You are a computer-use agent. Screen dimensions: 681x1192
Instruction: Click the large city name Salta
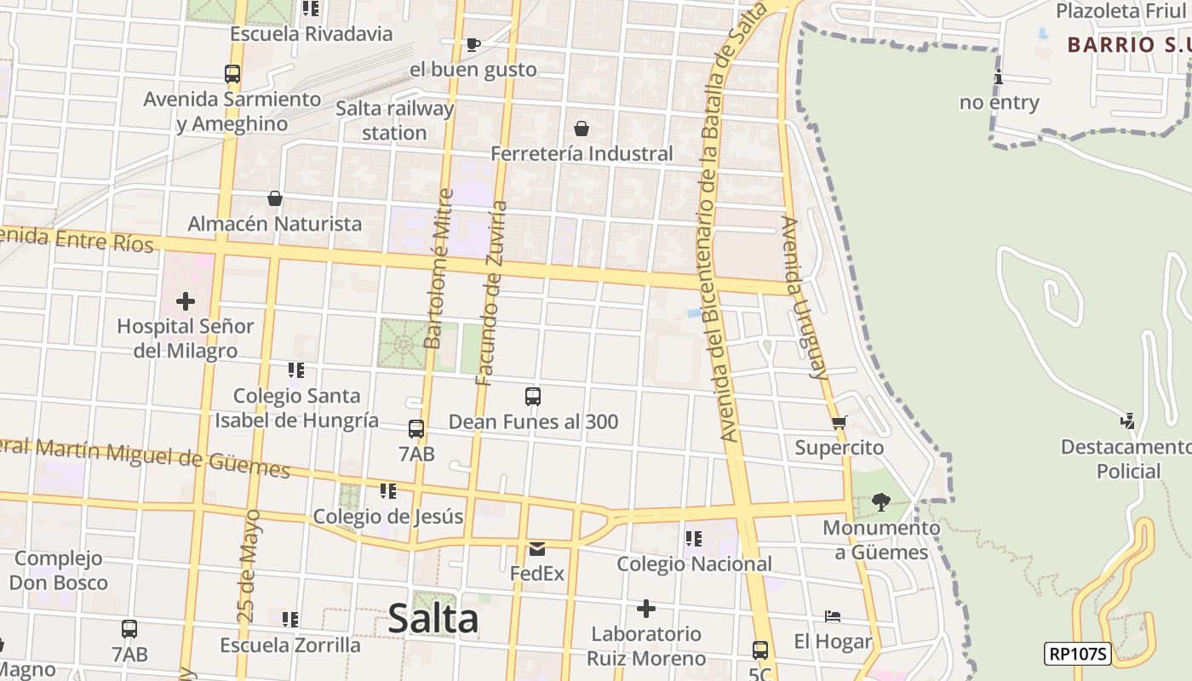tap(433, 618)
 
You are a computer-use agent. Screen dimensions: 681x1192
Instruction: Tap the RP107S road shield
tap(1078, 654)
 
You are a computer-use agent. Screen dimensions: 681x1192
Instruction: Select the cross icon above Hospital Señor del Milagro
tap(185, 301)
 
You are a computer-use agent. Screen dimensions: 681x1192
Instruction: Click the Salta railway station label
tap(394, 120)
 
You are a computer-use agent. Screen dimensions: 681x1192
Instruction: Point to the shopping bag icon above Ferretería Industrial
tap(582, 129)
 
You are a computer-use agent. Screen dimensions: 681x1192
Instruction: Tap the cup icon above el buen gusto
tap(473, 44)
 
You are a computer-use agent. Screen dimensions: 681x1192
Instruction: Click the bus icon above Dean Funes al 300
tap(533, 397)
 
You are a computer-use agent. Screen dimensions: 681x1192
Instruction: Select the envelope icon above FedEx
tap(537, 548)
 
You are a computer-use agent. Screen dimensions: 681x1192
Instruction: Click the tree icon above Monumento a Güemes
tap(881, 502)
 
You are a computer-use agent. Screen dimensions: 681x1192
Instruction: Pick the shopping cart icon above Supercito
tap(840, 422)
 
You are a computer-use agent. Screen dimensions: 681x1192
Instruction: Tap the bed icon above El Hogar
tap(833, 616)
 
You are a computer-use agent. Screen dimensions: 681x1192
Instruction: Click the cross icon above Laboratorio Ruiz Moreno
tap(646, 609)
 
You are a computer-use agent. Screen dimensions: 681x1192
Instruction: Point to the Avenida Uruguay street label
tap(805, 297)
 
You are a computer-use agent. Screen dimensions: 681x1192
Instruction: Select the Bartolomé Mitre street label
tap(439, 268)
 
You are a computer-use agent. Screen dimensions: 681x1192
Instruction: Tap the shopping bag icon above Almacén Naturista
tap(275, 199)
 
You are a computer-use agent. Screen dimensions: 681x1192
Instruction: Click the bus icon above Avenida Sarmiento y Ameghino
tap(232, 74)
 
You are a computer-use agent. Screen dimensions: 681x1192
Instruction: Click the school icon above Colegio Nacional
tap(694, 539)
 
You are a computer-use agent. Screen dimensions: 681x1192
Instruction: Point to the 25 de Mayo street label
tap(248, 566)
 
